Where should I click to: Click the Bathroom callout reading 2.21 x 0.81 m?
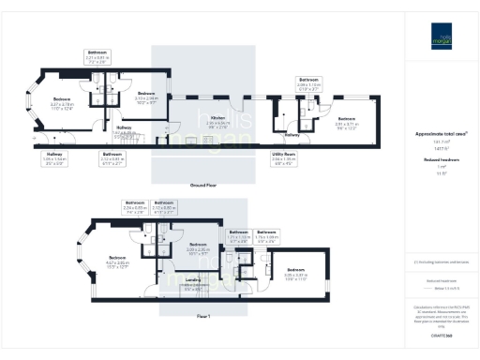tap(97, 55)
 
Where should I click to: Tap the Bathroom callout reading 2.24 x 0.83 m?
tap(135, 205)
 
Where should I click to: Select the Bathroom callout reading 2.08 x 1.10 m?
tap(309, 83)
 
